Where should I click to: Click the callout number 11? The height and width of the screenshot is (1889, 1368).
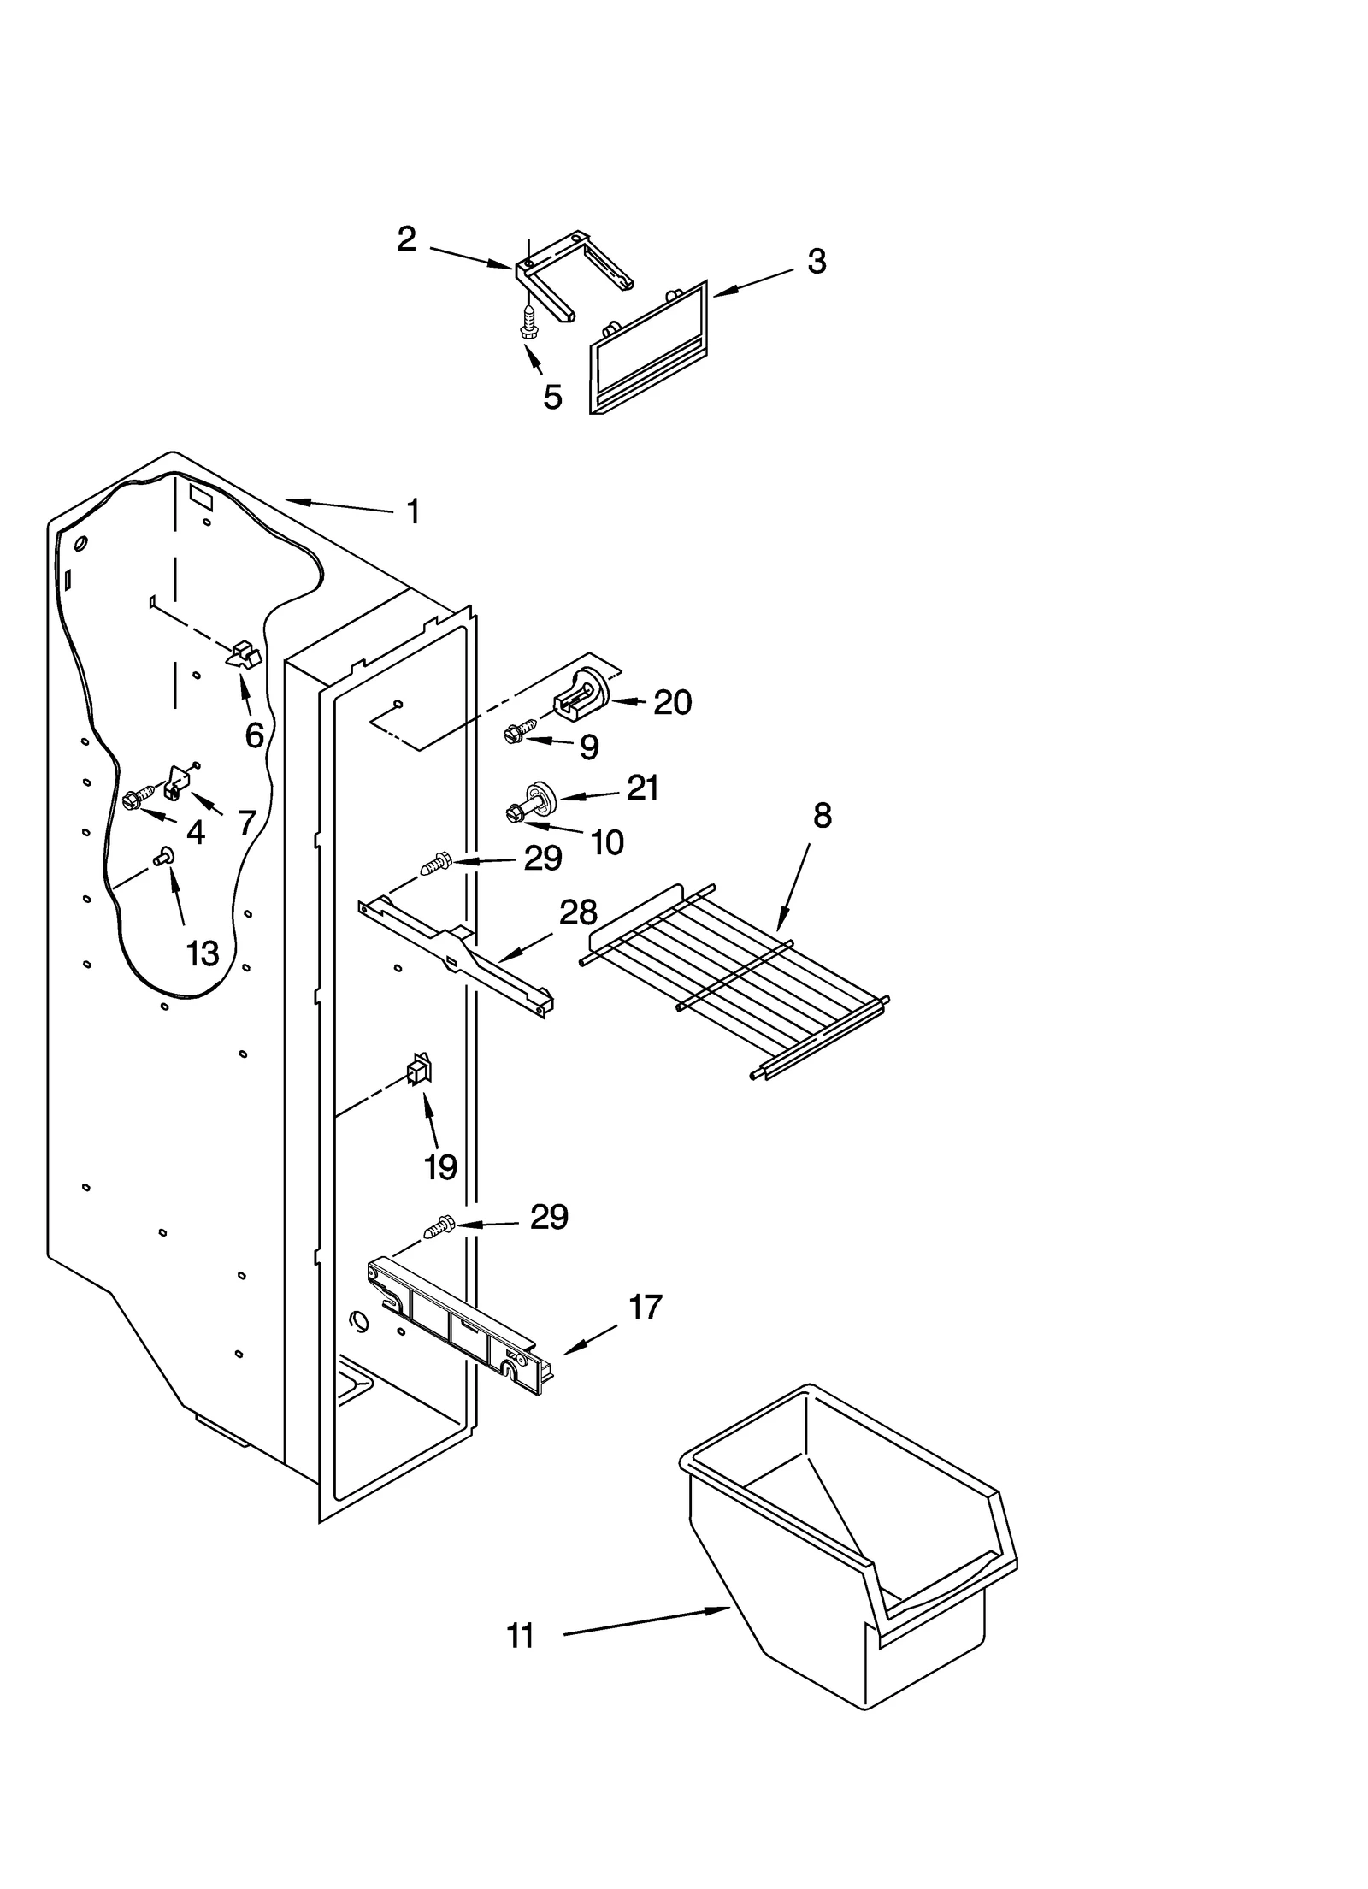click(520, 1636)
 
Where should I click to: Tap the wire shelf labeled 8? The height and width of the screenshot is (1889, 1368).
click(735, 983)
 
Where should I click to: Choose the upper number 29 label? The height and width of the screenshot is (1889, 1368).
click(543, 858)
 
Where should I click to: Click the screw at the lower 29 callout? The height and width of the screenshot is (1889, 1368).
click(438, 1229)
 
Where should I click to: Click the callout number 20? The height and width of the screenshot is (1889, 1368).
click(672, 702)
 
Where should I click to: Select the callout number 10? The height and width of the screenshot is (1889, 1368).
click(607, 842)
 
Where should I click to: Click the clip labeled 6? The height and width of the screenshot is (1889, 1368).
click(244, 654)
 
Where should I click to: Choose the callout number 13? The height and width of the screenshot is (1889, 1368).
click(203, 953)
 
